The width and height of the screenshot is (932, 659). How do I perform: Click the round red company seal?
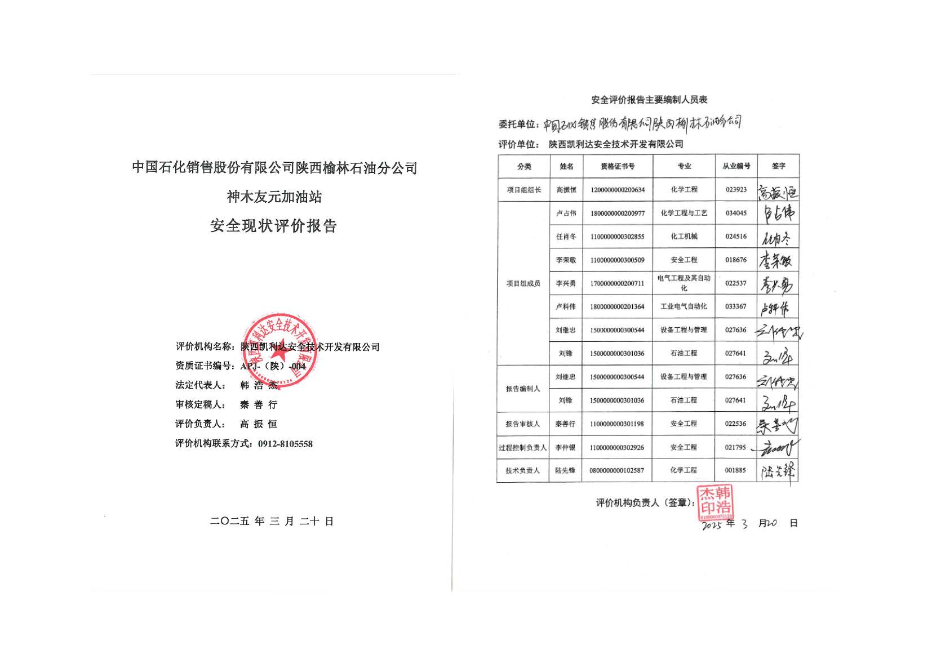(280, 350)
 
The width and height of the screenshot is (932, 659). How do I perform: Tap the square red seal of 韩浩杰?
(716, 502)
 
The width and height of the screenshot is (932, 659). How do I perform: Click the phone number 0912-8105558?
(285, 444)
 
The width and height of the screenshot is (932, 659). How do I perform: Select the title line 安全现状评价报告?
(273, 226)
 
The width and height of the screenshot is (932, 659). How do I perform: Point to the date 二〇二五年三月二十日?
(272, 522)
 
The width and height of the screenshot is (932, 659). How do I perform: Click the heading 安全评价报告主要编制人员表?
(649, 100)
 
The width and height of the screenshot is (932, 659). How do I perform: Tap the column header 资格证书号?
(618, 166)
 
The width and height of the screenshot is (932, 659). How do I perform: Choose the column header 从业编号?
(736, 166)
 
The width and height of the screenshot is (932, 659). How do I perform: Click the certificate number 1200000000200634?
(618, 190)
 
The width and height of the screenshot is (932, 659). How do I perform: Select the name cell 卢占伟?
(566, 213)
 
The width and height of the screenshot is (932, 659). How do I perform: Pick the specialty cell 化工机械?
(684, 237)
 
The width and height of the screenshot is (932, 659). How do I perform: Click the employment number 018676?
(736, 260)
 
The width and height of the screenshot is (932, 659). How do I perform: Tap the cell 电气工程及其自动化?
(684, 283)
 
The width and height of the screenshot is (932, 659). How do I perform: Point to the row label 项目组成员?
(523, 283)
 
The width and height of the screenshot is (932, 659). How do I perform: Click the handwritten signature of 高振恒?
(778, 192)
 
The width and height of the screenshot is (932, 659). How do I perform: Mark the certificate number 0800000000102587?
(616, 470)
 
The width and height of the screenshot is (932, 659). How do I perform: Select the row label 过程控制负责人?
(522, 448)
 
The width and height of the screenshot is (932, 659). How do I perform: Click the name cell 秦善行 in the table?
(565, 424)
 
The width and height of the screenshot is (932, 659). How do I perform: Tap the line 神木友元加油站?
(274, 197)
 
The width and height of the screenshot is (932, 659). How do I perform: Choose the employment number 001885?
(735, 470)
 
